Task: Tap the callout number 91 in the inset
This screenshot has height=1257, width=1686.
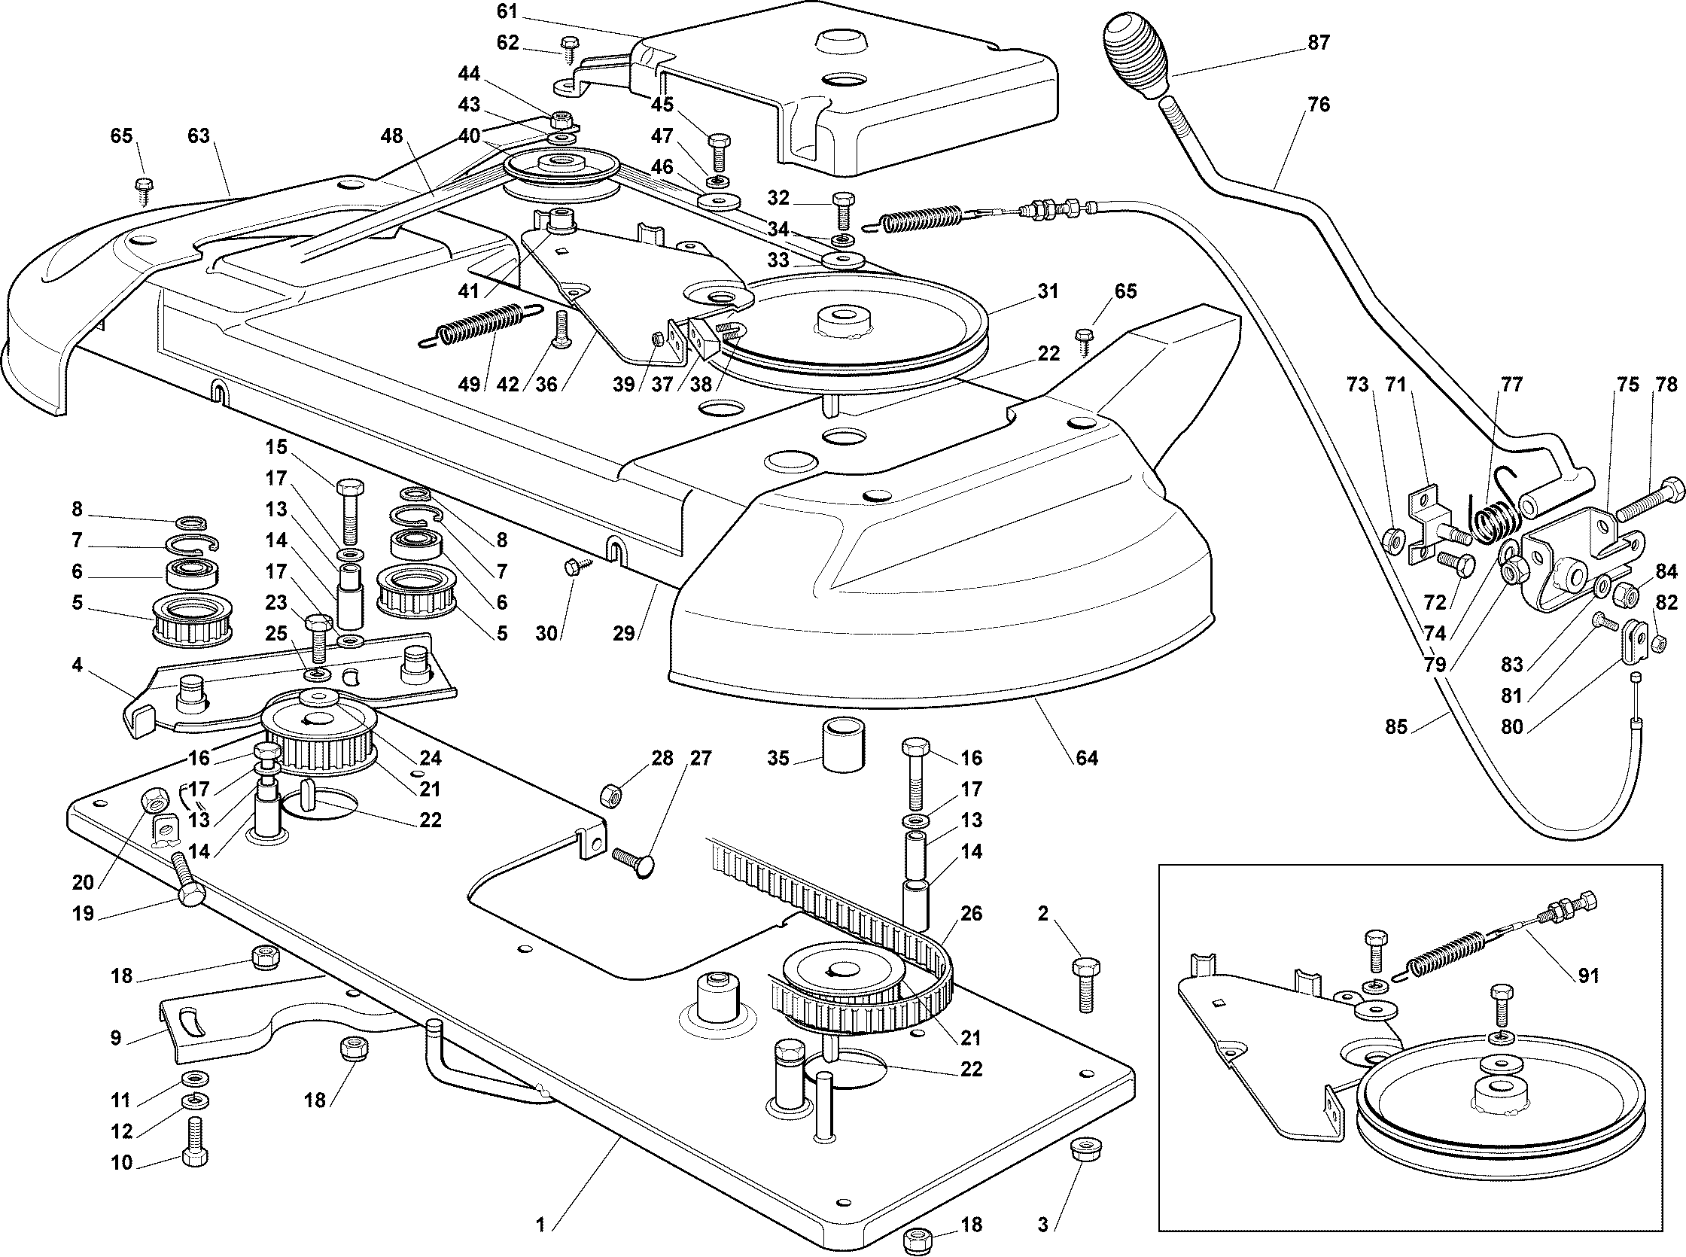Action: click(1589, 975)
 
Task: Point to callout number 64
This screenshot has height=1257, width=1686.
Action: click(1086, 758)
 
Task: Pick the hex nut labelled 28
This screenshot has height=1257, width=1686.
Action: click(611, 796)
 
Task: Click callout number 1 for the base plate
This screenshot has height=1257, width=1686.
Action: click(540, 1225)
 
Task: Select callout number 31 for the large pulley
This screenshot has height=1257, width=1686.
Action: click(1048, 291)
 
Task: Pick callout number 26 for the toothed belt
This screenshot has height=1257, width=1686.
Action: click(972, 913)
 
